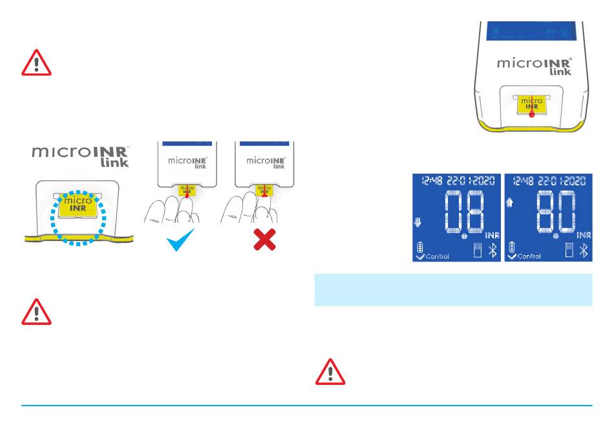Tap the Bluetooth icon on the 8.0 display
(584, 251)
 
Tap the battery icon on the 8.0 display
(512, 246)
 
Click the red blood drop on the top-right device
(531, 113)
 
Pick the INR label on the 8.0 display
(584, 234)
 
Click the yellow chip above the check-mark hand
(187, 191)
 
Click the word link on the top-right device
(559, 72)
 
